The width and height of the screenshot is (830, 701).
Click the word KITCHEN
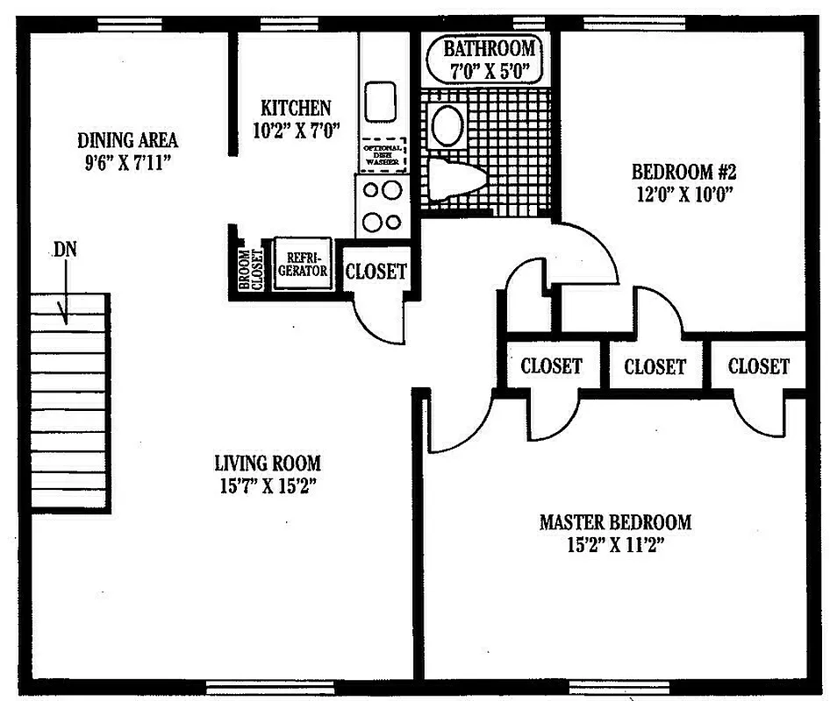296,108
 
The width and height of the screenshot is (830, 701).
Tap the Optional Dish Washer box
383,154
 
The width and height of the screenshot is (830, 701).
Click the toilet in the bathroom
456,181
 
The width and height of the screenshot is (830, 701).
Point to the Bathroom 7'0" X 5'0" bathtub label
488,60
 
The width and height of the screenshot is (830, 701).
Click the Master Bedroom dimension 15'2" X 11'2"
615,544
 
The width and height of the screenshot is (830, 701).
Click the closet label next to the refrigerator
376,272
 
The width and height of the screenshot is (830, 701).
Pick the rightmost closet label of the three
758,366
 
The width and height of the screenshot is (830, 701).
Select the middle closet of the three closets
655,366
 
